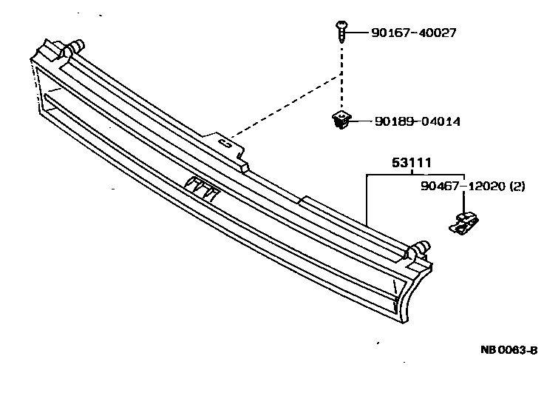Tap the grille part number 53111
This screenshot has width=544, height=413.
coord(412,164)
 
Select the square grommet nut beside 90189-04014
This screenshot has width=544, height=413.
coord(340,120)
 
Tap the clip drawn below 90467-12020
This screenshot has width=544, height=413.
coord(463,222)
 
